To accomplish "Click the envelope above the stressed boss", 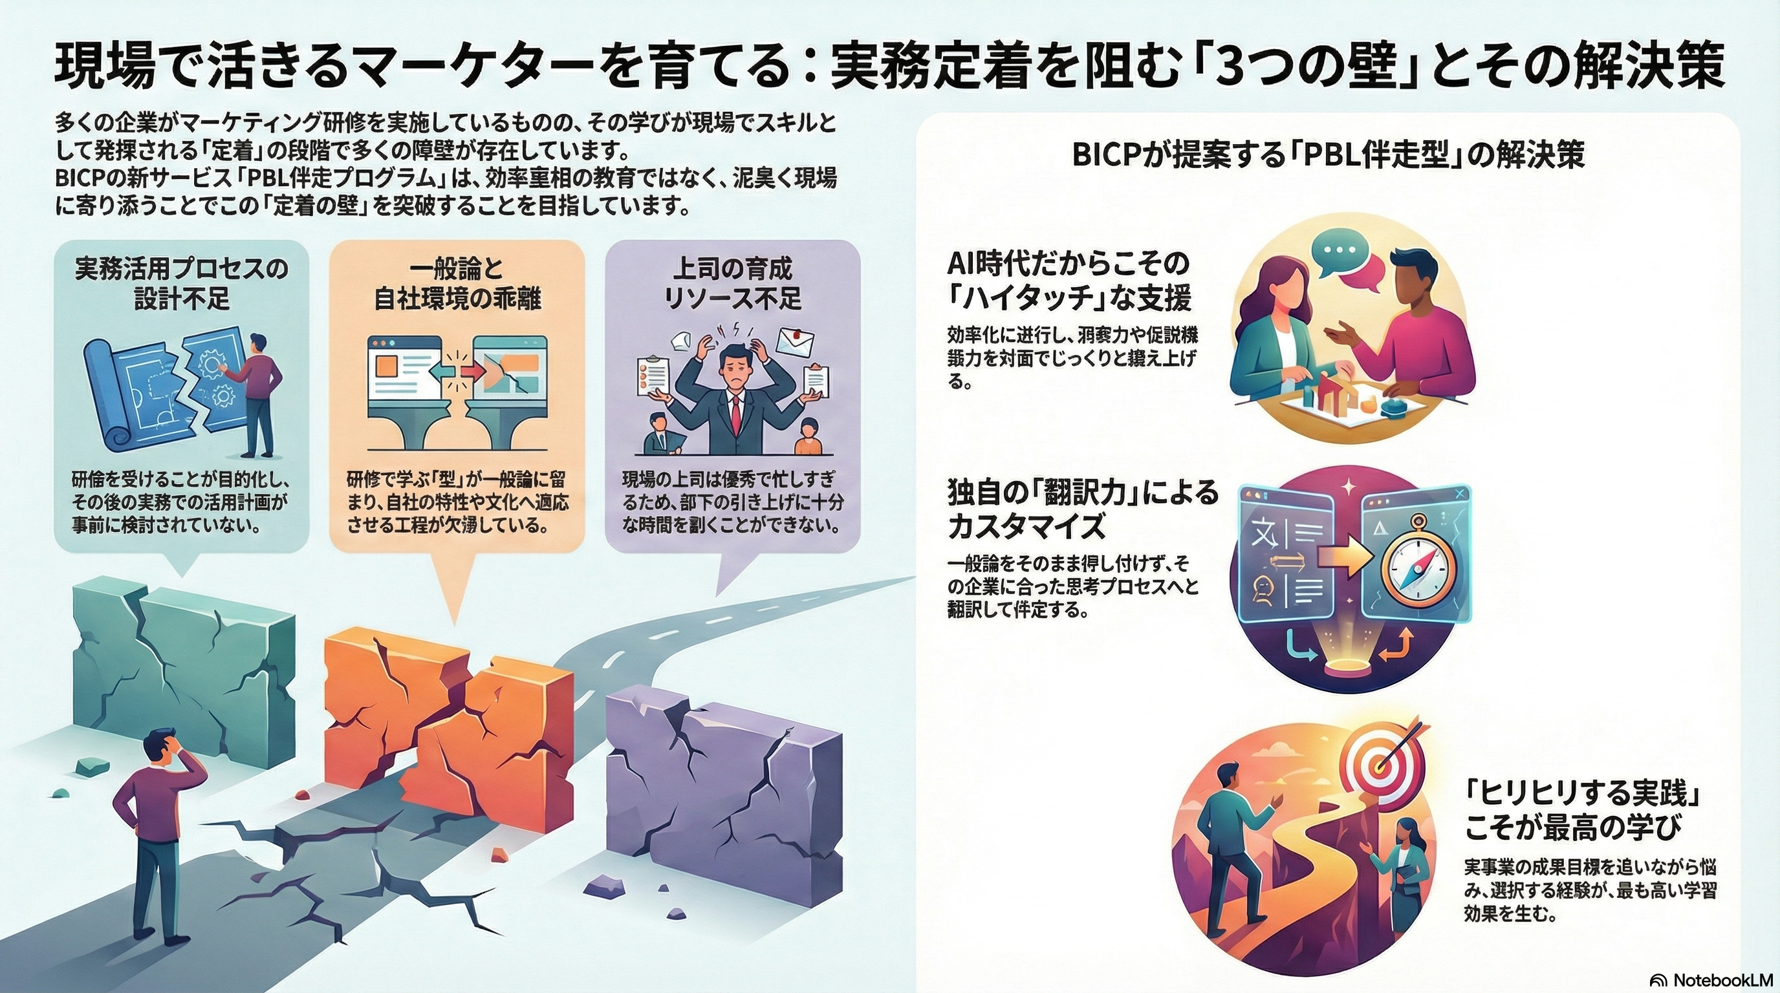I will pyautogui.click(x=795, y=341).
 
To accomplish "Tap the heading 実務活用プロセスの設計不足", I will pyautogui.click(x=181, y=283).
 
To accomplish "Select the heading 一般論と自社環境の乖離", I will pyautogui.click(x=457, y=283).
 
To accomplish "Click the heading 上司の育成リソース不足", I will pyautogui.click(x=732, y=283).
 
